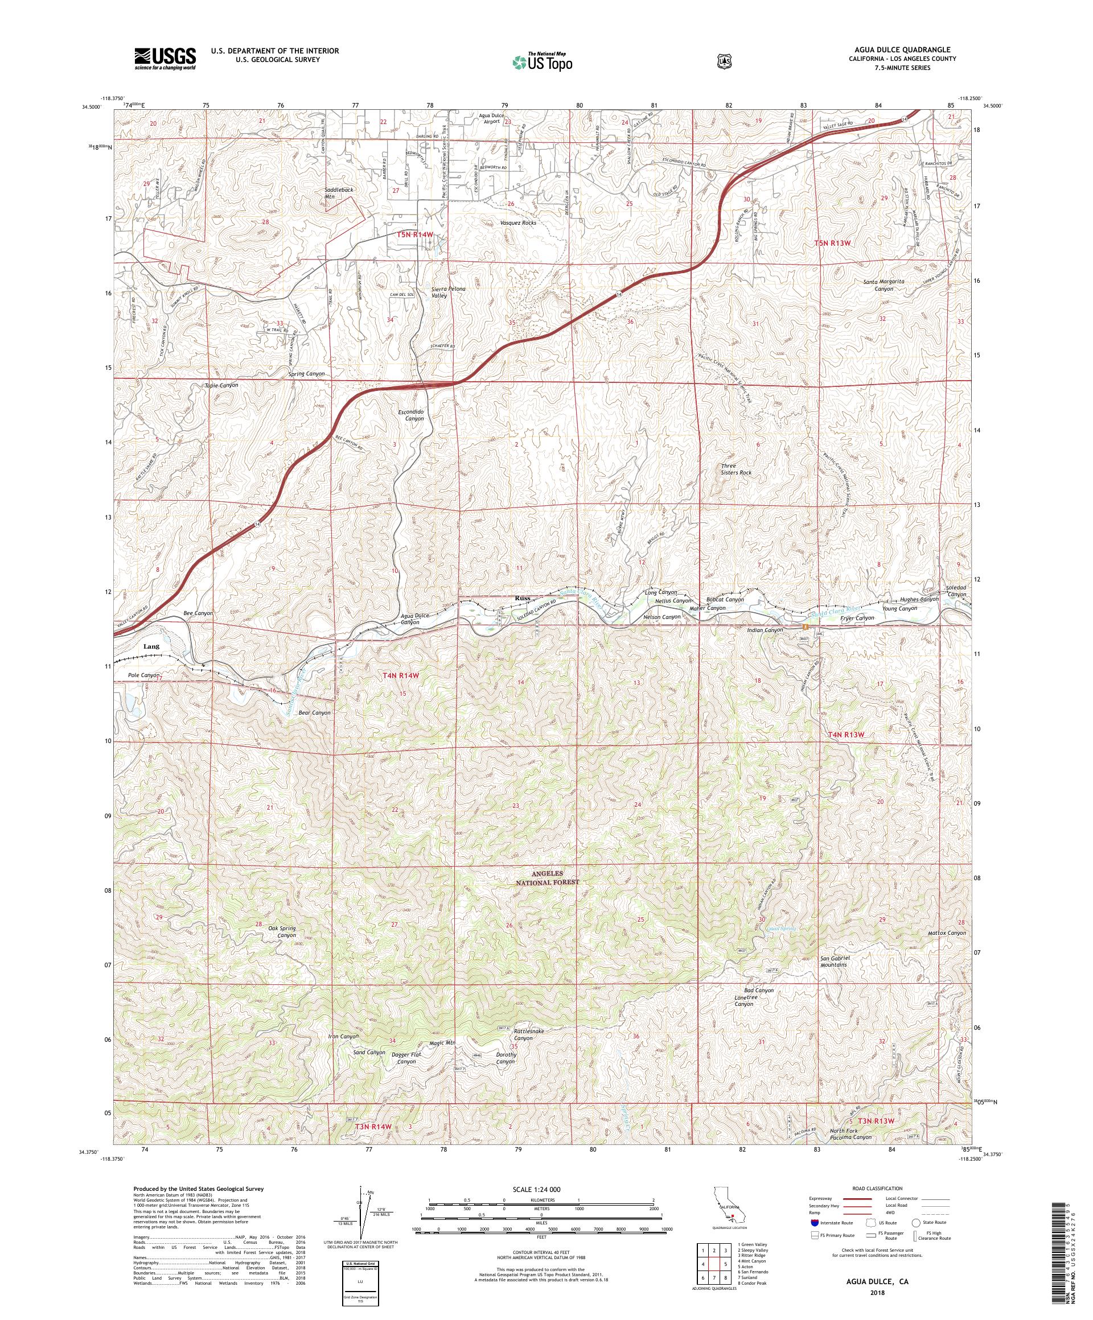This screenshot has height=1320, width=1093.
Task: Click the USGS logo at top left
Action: (165, 59)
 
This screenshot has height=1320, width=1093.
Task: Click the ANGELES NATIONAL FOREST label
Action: (545, 878)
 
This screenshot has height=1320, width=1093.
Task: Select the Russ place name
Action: (522, 598)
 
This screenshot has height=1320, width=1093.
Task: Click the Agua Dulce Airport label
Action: (488, 118)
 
